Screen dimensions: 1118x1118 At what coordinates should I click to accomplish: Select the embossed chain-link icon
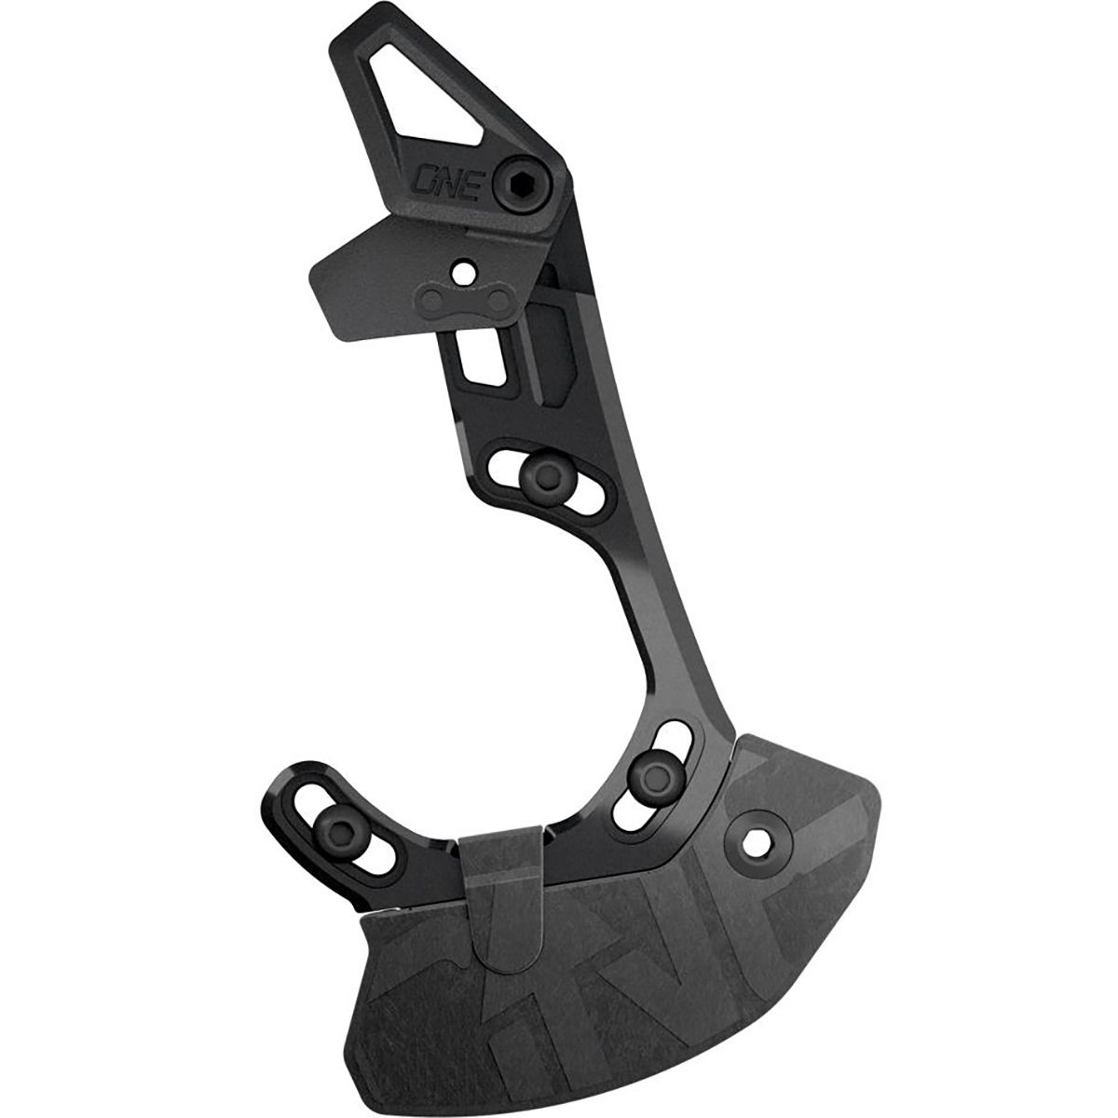pyautogui.click(x=464, y=299)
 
